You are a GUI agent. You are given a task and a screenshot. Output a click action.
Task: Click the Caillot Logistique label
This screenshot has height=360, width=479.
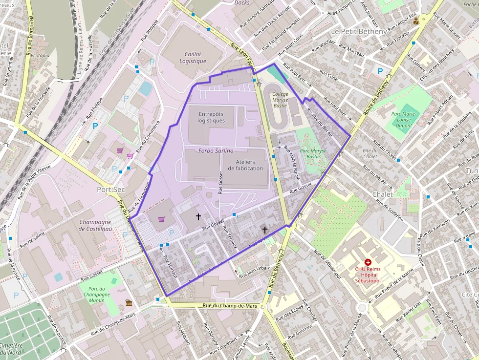click(x=193, y=58)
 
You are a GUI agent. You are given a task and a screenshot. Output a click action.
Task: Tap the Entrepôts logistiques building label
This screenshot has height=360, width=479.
click(x=212, y=117)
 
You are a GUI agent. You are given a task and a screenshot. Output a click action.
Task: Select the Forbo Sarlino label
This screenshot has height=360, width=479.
click(x=216, y=151)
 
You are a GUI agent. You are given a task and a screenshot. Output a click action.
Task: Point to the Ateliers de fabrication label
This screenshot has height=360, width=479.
click(x=249, y=165)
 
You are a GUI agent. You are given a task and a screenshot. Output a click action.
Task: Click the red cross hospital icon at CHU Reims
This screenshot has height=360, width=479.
click(x=368, y=262)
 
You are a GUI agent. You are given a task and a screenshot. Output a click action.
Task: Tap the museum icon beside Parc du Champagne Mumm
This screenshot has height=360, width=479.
click(x=129, y=303)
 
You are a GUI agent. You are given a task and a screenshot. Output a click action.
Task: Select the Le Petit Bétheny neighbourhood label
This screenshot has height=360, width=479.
click(x=362, y=31)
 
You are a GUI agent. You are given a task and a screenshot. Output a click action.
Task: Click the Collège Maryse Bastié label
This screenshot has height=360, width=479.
click(x=280, y=99)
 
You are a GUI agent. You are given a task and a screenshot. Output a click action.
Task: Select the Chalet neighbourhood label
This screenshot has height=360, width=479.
click(x=382, y=194)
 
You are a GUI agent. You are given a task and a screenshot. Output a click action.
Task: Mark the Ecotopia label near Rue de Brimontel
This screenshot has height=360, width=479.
click(x=40, y=56)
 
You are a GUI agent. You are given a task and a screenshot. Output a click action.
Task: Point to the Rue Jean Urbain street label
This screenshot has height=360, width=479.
click(x=257, y=271)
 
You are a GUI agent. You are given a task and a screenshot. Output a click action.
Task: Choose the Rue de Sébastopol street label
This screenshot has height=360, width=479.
click(x=328, y=264)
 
